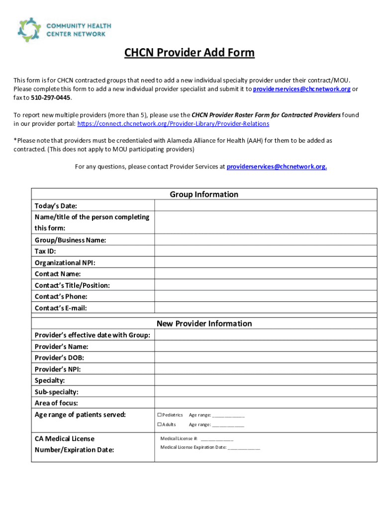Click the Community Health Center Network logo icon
(29, 29)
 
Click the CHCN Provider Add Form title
(189, 53)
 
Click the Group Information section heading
(204, 194)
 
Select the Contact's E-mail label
(61, 308)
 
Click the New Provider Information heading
(204, 324)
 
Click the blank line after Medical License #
(217, 439)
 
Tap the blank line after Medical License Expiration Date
(244, 447)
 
